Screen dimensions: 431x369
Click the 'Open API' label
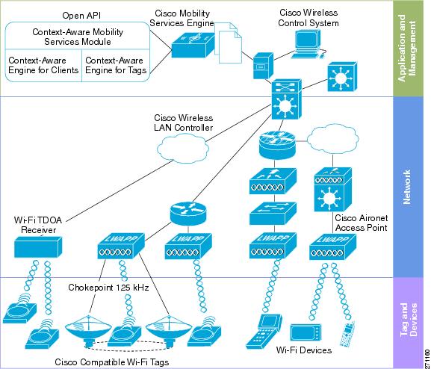(x=81, y=16)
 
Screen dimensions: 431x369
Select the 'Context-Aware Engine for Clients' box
(x=43, y=66)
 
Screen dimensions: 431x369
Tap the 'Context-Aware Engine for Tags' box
(x=116, y=66)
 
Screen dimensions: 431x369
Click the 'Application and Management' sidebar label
(x=407, y=48)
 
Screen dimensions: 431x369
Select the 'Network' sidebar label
(x=407, y=187)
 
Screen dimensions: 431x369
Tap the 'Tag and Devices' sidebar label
(x=409, y=320)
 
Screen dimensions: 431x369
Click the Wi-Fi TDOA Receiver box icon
(x=38, y=246)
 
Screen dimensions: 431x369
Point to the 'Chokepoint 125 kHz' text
(x=108, y=288)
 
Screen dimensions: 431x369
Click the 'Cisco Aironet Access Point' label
(x=362, y=223)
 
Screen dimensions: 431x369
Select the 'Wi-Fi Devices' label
(x=304, y=350)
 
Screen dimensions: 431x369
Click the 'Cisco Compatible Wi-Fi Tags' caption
(x=111, y=362)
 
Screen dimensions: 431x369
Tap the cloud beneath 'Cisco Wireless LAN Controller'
(x=183, y=149)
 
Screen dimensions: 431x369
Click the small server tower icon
(x=263, y=66)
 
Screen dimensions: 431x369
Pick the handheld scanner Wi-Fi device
(x=264, y=332)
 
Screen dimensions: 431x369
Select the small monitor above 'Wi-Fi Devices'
(x=306, y=332)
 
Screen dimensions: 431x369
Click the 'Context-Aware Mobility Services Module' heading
(x=78, y=37)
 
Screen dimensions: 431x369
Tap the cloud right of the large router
(x=332, y=139)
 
